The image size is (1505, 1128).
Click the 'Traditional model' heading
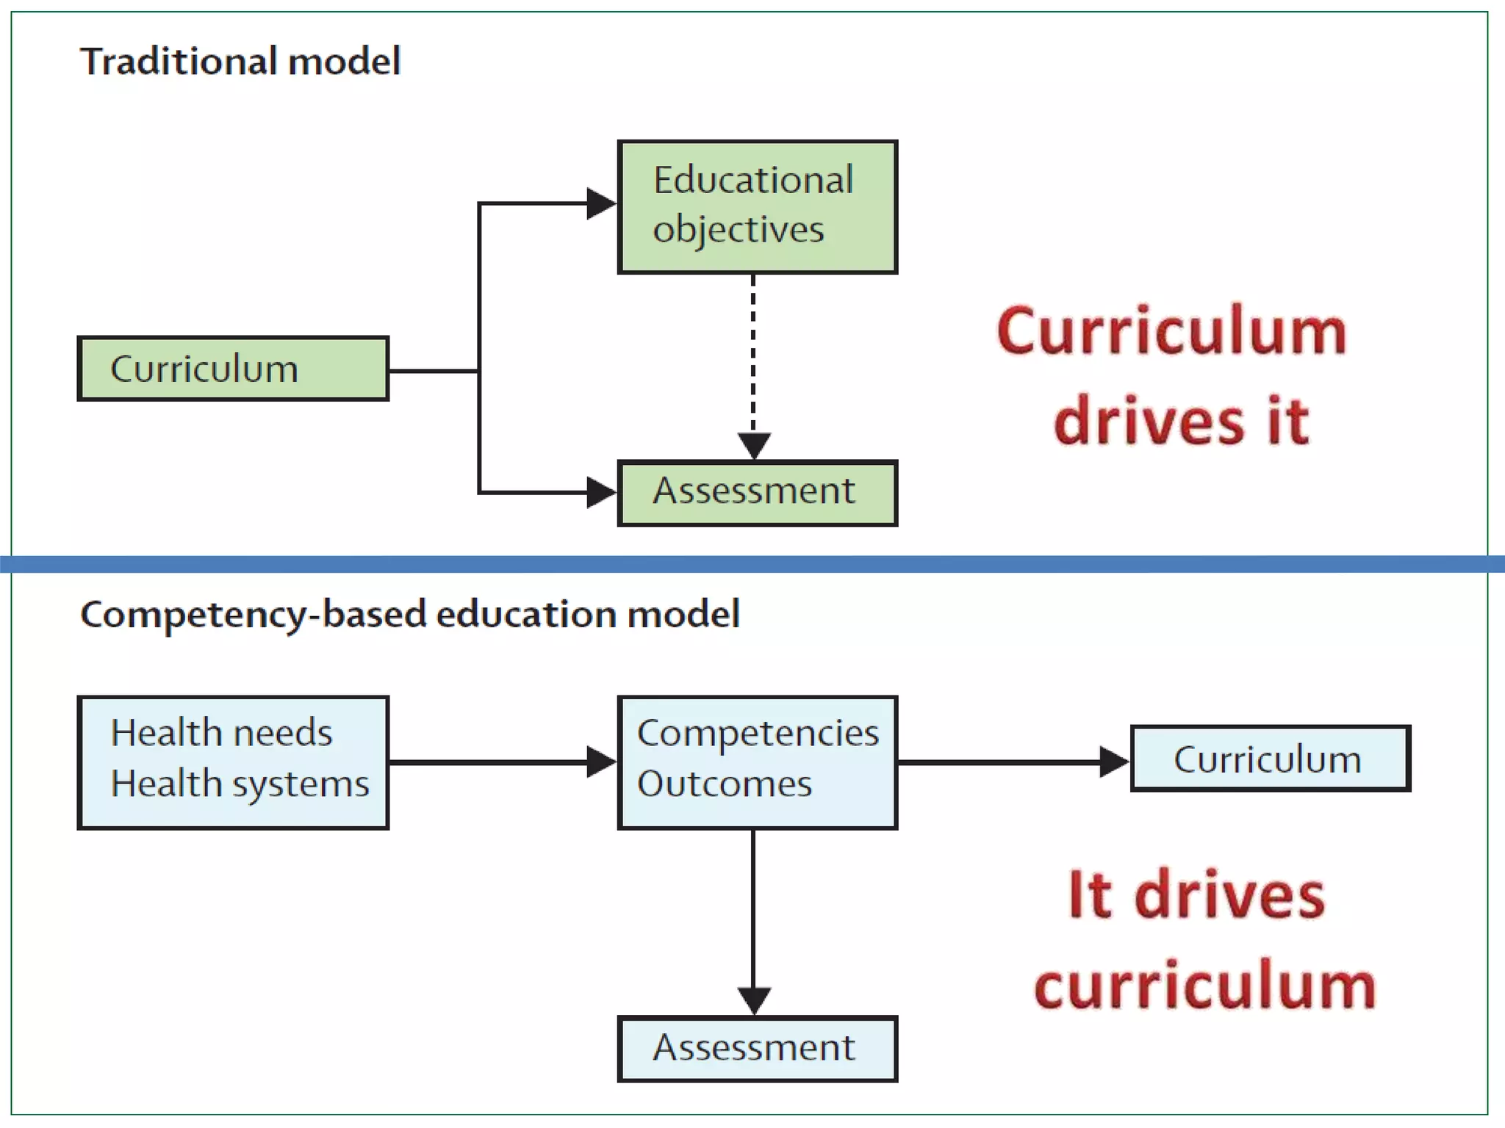pos(240,61)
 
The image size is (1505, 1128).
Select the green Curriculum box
pos(233,369)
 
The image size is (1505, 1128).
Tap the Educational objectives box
pos(757,206)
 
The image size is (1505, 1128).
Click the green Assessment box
pos(757,493)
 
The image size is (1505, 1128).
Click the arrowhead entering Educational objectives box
pos(601,203)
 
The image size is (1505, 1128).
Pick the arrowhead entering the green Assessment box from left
pos(601,492)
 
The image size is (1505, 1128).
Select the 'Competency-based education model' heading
pos(409,614)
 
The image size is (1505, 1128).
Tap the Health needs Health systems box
pos(233,762)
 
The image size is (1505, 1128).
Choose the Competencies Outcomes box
pos(757,762)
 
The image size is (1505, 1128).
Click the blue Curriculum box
pos(1270,759)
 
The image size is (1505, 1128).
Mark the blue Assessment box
pos(757,1049)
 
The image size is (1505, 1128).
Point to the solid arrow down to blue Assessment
pos(753,918)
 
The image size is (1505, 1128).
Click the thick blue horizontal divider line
pos(752,564)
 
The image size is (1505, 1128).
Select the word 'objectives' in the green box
pos(739,230)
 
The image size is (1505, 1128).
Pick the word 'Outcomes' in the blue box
pos(725,784)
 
